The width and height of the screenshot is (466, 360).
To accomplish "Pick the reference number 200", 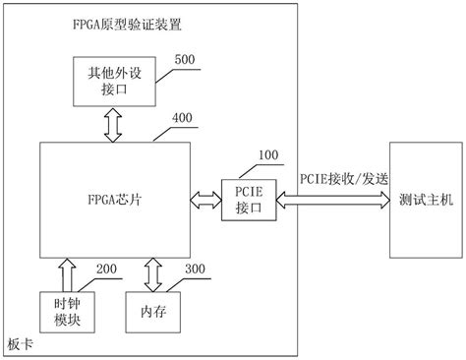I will tap(109, 268).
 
